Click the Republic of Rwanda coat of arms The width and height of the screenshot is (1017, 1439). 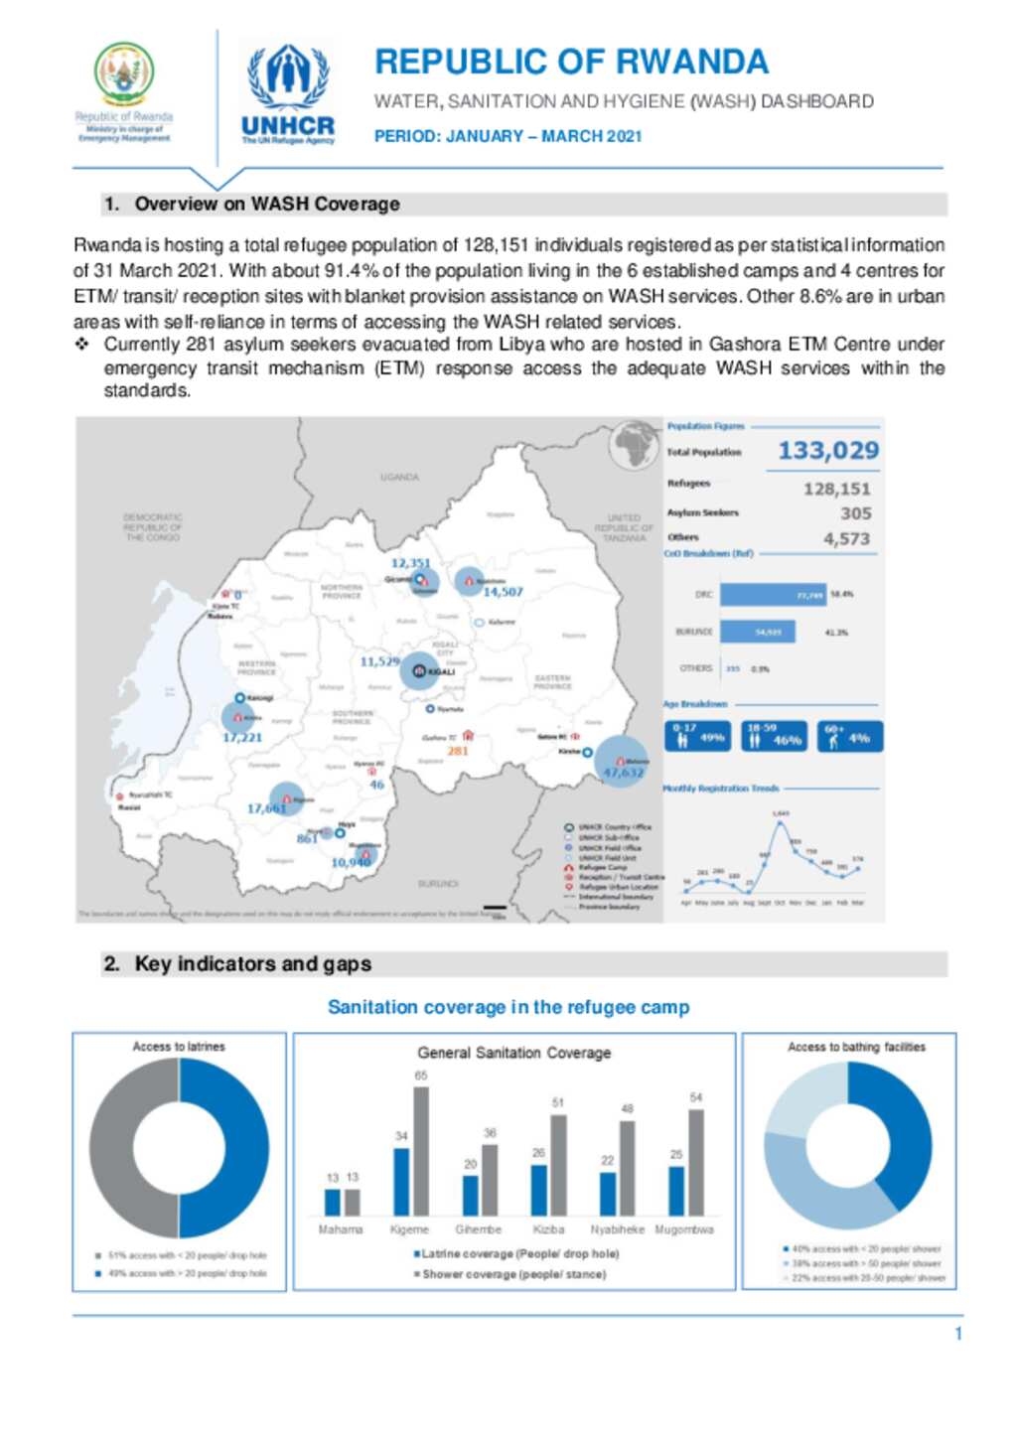click(124, 73)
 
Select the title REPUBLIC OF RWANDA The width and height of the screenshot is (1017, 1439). click(571, 62)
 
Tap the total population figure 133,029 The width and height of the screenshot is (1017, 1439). click(827, 451)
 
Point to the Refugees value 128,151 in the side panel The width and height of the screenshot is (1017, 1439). click(836, 489)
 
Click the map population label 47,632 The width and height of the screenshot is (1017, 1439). click(623, 772)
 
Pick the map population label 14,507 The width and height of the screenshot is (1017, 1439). click(503, 592)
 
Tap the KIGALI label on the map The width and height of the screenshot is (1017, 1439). click(440, 672)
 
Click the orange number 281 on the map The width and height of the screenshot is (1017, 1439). click(457, 751)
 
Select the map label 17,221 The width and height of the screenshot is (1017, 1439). click(242, 737)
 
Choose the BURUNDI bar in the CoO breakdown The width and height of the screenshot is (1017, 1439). click(757, 632)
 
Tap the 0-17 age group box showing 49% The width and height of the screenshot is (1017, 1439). click(698, 736)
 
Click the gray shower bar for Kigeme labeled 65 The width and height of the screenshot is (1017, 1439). click(421, 1151)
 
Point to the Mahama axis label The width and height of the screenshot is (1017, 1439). click(340, 1229)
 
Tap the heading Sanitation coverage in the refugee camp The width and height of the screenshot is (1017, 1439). click(508, 1007)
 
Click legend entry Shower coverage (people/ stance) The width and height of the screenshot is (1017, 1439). click(512, 1274)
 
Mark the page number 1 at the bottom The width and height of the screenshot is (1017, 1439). click(958, 1334)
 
